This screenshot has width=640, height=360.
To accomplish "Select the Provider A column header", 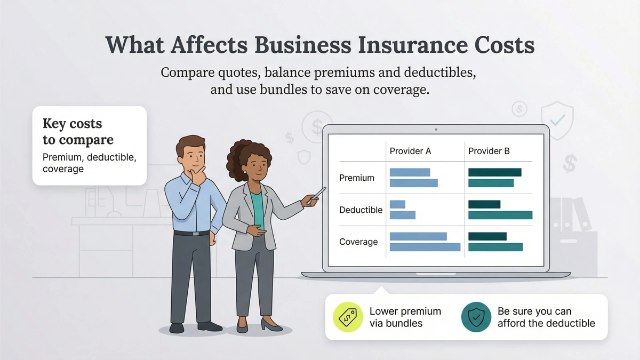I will click(x=410, y=151).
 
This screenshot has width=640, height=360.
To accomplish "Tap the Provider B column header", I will click(x=489, y=151).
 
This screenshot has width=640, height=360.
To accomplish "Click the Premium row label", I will click(x=356, y=178).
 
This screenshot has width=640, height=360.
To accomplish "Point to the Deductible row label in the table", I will click(x=361, y=210).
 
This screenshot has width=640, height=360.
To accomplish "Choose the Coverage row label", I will click(x=358, y=242).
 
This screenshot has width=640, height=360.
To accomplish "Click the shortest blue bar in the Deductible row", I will click(x=397, y=204).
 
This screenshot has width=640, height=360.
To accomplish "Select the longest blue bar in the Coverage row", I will click(x=425, y=247).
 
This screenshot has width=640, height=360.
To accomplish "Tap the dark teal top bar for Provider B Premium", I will click(x=494, y=172).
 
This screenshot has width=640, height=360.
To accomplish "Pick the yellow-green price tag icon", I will click(x=348, y=317).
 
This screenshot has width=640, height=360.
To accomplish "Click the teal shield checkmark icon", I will click(x=476, y=317).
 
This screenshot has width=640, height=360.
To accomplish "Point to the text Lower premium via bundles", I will click(x=405, y=317).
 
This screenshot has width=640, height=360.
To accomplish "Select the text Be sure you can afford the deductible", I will click(x=546, y=317).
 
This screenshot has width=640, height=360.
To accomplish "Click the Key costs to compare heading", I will click(x=78, y=132).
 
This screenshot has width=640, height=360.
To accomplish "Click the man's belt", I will click(x=191, y=233).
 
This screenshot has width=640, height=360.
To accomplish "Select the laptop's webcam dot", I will click(x=436, y=129).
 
